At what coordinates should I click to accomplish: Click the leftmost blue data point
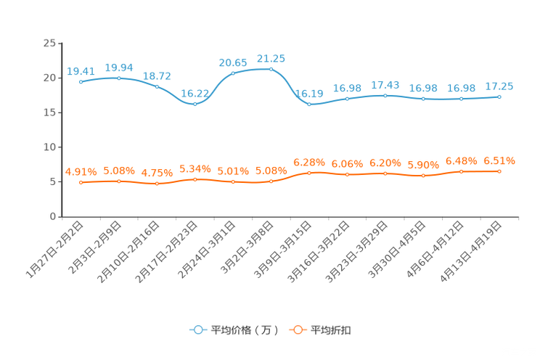pyautogui.click(x=81, y=81)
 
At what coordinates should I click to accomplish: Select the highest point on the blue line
pyautogui.click(x=271, y=69)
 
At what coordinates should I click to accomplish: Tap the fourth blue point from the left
pyautogui.click(x=195, y=104)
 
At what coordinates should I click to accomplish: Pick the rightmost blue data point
pyautogui.click(x=499, y=97)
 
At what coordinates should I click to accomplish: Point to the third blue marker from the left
pyautogui.click(x=157, y=86)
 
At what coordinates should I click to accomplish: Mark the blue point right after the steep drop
pyautogui.click(x=309, y=105)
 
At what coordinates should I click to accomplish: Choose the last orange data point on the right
pyautogui.click(x=499, y=171)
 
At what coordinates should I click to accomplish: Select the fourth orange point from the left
pyautogui.click(x=195, y=179)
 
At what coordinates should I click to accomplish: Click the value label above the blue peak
pyautogui.click(x=271, y=57)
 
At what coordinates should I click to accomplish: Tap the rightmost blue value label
pyautogui.click(x=499, y=86)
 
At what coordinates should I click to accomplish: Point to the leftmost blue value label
pyautogui.click(x=81, y=70)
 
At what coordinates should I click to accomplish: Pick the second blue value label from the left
pyautogui.click(x=119, y=67)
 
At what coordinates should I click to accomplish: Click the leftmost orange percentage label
pyautogui.click(x=81, y=171)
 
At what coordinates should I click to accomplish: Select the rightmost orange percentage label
pyautogui.click(x=499, y=160)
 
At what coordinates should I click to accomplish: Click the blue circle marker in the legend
pyautogui.click(x=197, y=330)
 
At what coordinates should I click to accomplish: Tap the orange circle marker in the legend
pyautogui.click(x=297, y=330)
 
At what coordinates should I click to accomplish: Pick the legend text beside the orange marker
pyautogui.click(x=331, y=330)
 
